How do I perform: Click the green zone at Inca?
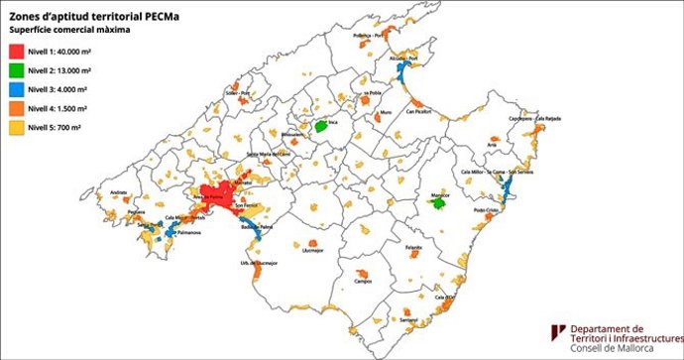coord(321,128)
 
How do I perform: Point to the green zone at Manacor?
coord(437,202)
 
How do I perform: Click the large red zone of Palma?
coord(220,193)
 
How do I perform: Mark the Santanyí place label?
coord(407,319)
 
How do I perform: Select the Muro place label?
coord(386,112)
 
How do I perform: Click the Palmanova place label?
coord(162,234)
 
